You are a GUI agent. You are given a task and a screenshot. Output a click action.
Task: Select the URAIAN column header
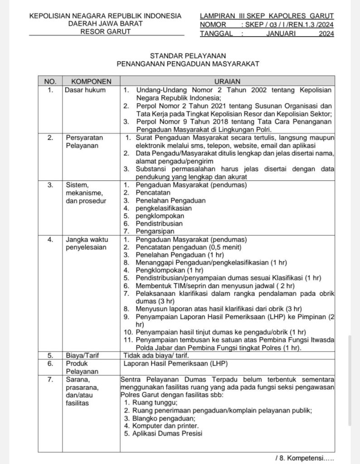tap(227, 82)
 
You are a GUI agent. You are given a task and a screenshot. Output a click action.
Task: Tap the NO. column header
tap(50, 82)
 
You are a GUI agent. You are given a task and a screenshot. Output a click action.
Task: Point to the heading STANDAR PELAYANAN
tap(188, 55)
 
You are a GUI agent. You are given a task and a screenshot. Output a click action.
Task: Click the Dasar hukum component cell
tap(85, 90)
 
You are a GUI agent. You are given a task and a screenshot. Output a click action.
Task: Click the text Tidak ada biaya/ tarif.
tap(156, 355)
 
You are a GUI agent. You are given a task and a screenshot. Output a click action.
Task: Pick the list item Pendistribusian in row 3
tap(159, 223)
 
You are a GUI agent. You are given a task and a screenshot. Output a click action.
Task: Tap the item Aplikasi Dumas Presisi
tap(167, 433)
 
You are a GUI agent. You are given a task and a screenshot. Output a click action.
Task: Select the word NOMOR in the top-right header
tap(213, 24)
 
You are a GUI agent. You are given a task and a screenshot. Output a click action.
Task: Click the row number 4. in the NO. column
tap(50, 239)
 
